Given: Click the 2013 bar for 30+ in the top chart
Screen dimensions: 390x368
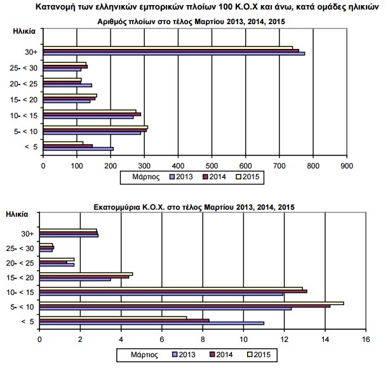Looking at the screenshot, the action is pos(174,53).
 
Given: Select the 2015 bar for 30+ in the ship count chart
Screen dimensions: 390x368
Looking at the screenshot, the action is pos(168,48).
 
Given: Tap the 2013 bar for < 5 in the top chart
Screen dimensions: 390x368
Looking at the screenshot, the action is pos(78,149).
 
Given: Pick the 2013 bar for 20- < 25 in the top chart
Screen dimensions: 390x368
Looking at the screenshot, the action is pos(68,85).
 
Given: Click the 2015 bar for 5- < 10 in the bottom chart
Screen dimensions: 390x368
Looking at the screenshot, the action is pos(192,303).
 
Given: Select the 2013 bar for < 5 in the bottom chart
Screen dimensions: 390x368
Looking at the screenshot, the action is pos(152,324).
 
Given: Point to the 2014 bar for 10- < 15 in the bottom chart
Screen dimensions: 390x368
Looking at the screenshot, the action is pos(173,291).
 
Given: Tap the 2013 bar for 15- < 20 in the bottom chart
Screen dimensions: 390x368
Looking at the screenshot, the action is pos(75,280).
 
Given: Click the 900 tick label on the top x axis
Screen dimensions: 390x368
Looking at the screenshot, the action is pos(347,166).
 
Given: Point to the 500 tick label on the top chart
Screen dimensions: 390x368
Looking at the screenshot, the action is pos(212,166).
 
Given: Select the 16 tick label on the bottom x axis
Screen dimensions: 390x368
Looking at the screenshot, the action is pos(366,339).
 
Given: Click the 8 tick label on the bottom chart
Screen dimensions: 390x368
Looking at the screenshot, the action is pos(203,339).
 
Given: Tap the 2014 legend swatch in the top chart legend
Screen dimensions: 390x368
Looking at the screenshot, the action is pos(205,177).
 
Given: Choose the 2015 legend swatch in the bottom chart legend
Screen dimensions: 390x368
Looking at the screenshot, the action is pos(250,355).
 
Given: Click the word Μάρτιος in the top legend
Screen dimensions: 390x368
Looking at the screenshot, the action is pos(145,177).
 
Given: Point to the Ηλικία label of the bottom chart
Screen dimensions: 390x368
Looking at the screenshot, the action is pos(17,214).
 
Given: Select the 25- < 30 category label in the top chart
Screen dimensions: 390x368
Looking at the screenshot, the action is pos(24,68).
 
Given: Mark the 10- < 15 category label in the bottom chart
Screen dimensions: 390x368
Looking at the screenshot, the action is pos(20,292).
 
